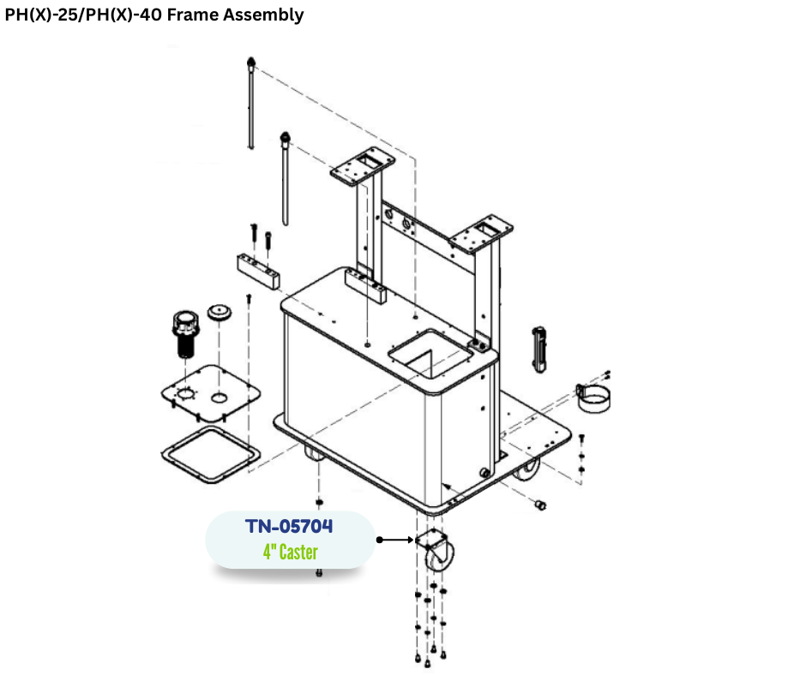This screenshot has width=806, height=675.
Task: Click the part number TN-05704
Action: [289, 526]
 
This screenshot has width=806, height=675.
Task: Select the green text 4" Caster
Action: [291, 553]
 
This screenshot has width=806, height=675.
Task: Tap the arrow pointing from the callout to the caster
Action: [396, 540]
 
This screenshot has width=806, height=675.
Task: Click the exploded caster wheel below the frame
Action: [435, 552]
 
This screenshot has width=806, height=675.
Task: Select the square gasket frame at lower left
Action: [211, 455]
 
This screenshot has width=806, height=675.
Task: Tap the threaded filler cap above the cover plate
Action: [185, 334]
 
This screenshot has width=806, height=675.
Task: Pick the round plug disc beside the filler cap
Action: [220, 312]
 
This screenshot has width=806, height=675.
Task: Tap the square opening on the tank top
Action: [430, 354]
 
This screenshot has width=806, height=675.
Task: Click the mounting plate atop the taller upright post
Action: [363, 166]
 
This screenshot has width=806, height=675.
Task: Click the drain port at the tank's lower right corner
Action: [484, 473]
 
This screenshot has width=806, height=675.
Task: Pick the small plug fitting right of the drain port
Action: [539, 505]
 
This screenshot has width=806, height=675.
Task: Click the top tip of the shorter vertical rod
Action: [286, 134]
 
